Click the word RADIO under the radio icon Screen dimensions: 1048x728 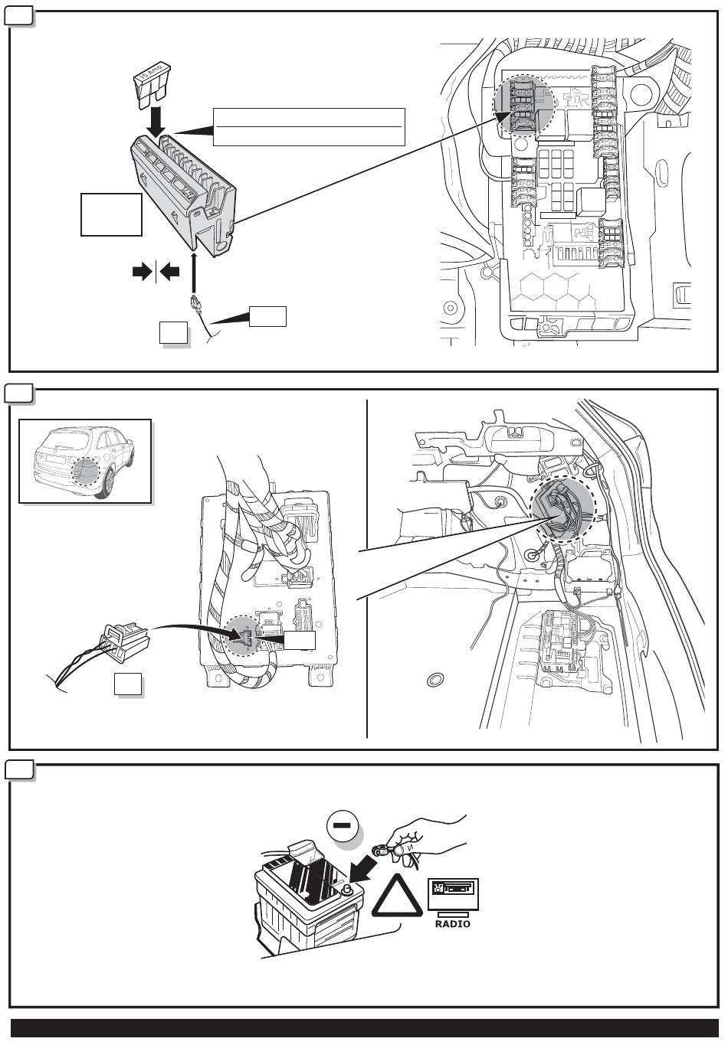click(x=452, y=924)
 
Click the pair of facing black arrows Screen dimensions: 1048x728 click(x=156, y=271)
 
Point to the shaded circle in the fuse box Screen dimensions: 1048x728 click(x=523, y=105)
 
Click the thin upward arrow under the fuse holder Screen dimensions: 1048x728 click(x=194, y=268)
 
